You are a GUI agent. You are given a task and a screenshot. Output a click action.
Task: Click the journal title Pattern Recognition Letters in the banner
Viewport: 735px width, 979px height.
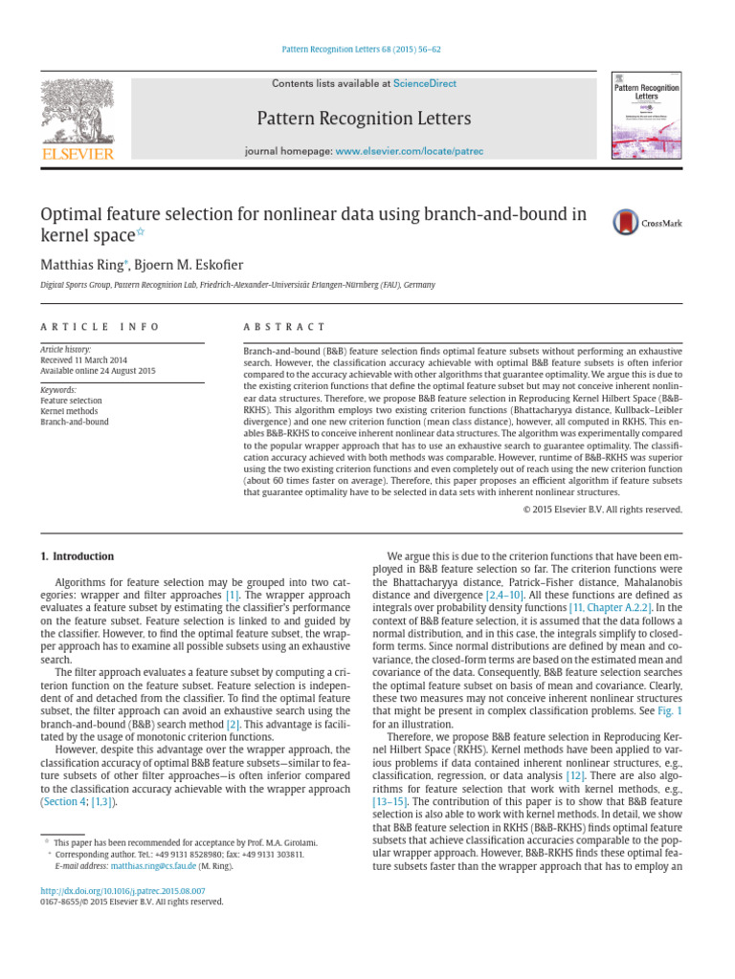point(363,119)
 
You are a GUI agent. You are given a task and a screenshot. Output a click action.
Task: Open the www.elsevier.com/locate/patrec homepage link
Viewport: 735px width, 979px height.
point(410,151)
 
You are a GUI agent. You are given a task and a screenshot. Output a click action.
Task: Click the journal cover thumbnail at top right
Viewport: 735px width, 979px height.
point(646,115)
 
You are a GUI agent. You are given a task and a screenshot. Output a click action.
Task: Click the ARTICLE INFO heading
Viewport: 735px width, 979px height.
point(100,327)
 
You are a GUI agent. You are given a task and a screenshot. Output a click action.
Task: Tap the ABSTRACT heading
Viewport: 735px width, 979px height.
point(285,327)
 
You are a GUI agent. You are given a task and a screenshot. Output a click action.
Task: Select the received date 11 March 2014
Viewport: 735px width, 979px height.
point(100,360)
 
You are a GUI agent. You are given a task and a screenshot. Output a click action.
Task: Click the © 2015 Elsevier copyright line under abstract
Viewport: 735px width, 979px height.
point(603,510)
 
